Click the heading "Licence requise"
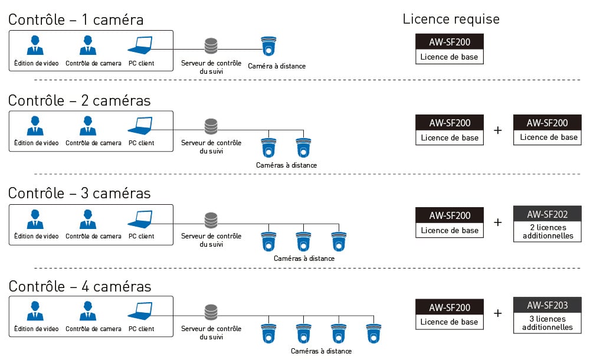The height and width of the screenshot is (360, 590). pyautogui.click(x=451, y=19)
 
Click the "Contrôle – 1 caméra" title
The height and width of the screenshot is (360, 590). pyautogui.click(x=76, y=19)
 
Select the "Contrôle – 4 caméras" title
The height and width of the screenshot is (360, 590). pyautogui.click(x=80, y=287)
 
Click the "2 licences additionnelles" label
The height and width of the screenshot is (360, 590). pyautogui.click(x=547, y=231)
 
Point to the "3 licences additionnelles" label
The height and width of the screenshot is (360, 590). pyautogui.click(x=547, y=323)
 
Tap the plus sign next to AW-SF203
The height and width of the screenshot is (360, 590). pyautogui.click(x=497, y=313)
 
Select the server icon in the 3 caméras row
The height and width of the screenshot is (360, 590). pyautogui.click(x=211, y=220)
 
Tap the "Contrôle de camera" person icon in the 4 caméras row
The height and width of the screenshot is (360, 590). pyautogui.click(x=88, y=312)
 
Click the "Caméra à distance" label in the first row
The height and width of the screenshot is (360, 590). pyautogui.click(x=277, y=66)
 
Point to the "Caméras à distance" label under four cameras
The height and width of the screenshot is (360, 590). pyautogui.click(x=321, y=351)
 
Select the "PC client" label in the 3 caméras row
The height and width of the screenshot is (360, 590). pyautogui.click(x=141, y=236)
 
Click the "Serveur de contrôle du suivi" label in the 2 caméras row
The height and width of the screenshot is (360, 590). pyautogui.click(x=211, y=146)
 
